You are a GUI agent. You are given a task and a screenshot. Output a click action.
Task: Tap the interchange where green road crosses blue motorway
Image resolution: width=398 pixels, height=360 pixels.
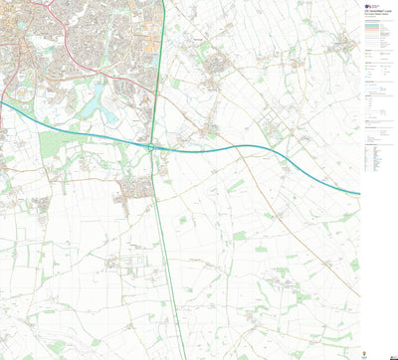click(152, 147)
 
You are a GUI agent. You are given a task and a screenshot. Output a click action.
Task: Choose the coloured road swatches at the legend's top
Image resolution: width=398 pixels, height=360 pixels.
click(378, 36)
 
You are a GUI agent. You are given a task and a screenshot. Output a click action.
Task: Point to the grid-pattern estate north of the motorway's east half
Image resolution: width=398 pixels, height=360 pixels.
click(273, 129)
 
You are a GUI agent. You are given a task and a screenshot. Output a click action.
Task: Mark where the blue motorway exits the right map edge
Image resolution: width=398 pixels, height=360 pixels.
click(359, 194)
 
